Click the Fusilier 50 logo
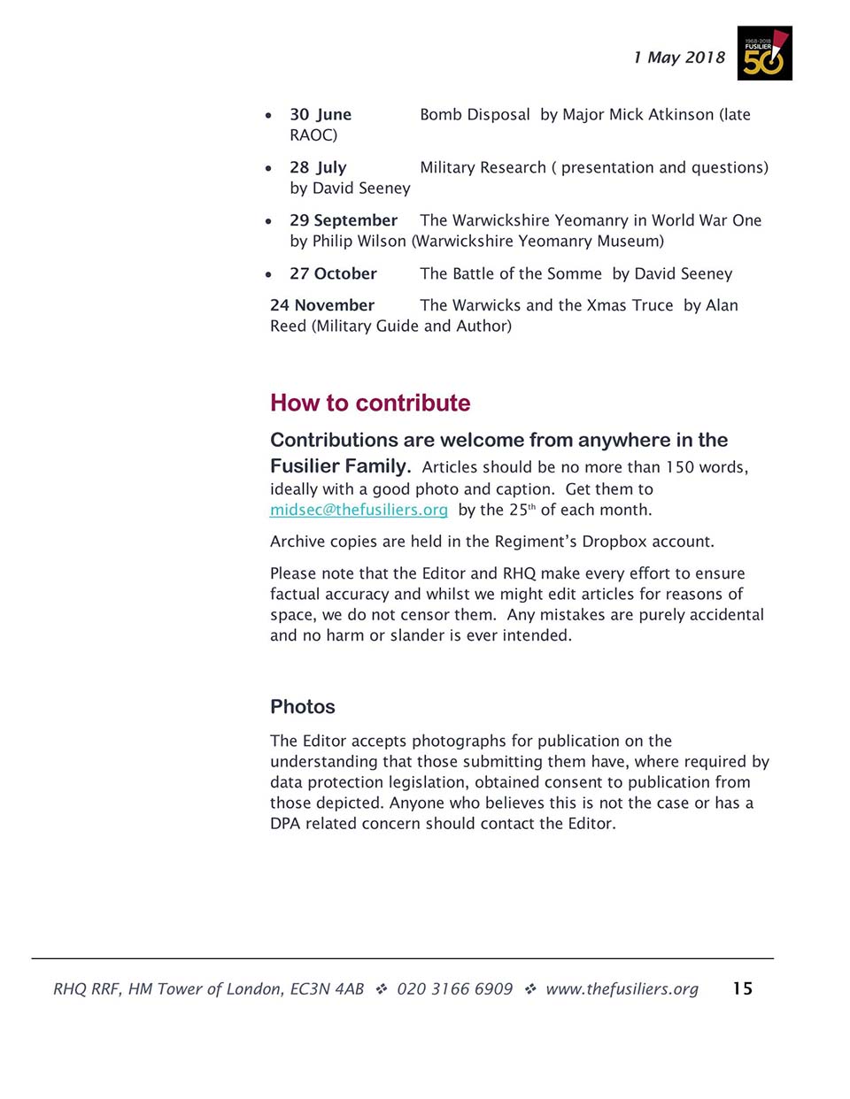pyautogui.click(x=764, y=53)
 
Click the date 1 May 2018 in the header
pyautogui.click(x=679, y=58)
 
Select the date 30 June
pyautogui.click(x=321, y=114)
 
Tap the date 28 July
pyautogui.click(x=318, y=167)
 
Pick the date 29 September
pyautogui.click(x=344, y=220)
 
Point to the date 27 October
pyautogui.click(x=333, y=273)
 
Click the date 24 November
pyautogui.click(x=322, y=305)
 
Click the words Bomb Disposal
pyautogui.click(x=475, y=114)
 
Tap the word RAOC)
pyautogui.click(x=313, y=135)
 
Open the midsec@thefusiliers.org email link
pyautogui.click(x=359, y=510)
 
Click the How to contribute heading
pyautogui.click(x=370, y=403)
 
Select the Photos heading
pyautogui.click(x=303, y=706)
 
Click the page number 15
pyautogui.click(x=742, y=988)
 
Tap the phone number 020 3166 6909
pyautogui.click(x=454, y=988)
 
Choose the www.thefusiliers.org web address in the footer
pyautogui.click(x=622, y=988)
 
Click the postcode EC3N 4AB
pyautogui.click(x=327, y=988)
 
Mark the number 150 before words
pyautogui.click(x=680, y=467)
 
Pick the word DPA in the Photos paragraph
pyautogui.click(x=285, y=824)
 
